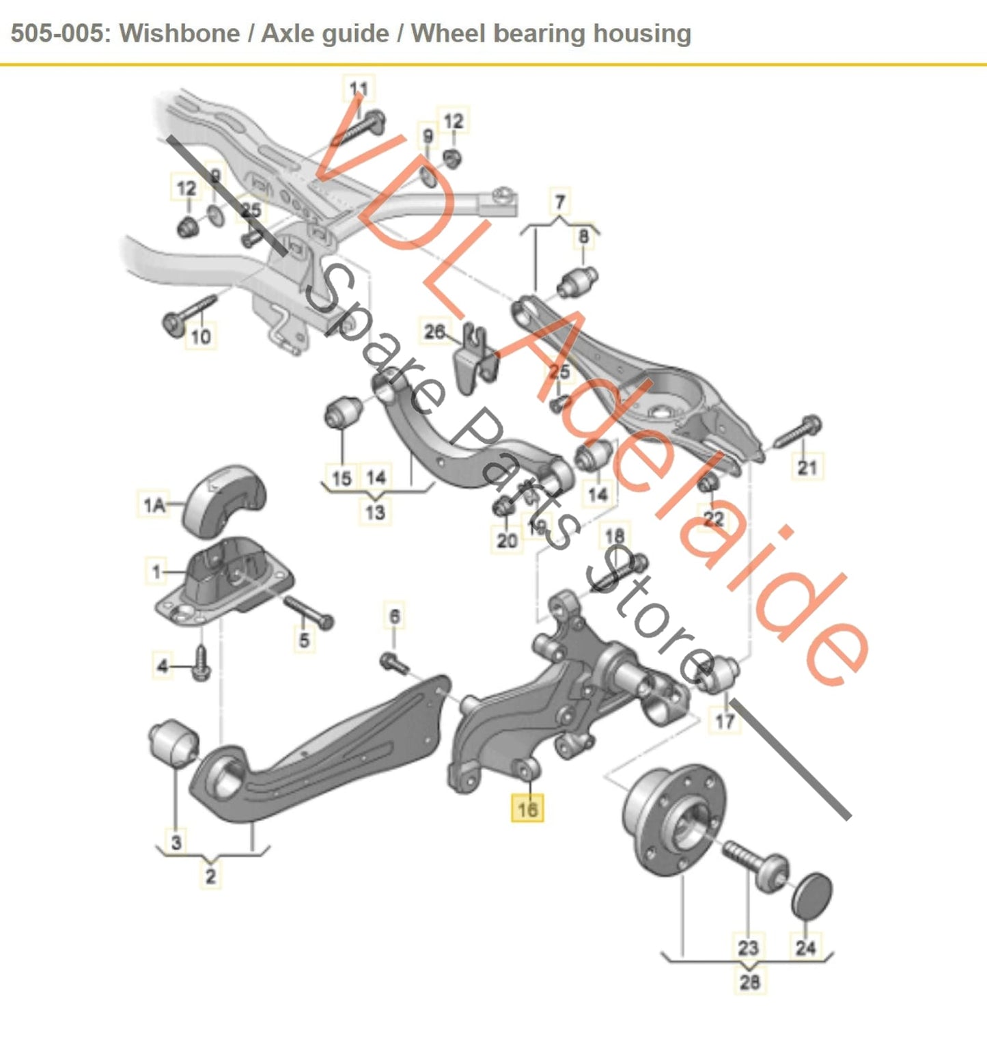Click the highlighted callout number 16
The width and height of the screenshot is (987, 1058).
[527, 809]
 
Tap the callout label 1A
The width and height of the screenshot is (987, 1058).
[154, 505]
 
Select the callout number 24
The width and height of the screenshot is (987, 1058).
[805, 947]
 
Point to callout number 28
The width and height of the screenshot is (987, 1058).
[749, 982]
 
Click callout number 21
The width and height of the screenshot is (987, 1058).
[807, 467]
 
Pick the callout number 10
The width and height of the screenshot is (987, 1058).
[201, 336]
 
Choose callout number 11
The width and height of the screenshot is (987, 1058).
[359, 89]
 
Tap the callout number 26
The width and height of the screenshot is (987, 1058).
[435, 332]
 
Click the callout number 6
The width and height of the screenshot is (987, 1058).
[395, 616]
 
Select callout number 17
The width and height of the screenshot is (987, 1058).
[725, 720]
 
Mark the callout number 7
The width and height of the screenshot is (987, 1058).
[560, 202]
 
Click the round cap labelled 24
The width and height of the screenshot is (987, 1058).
[812, 895]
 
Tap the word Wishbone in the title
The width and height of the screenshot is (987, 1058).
[180, 33]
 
